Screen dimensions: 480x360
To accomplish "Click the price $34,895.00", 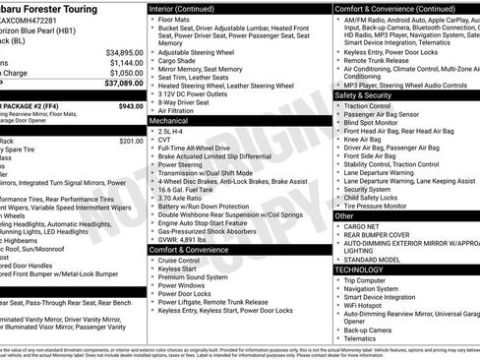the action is coord(118,51).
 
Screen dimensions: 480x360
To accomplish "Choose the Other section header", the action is coord(345,215).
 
